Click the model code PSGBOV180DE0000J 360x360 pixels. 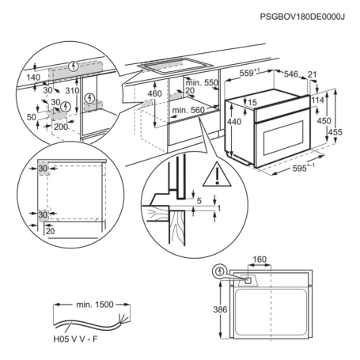302,17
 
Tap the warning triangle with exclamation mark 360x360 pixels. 217,175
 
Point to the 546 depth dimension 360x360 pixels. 290,74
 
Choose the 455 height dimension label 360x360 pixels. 335,132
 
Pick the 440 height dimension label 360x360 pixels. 234,122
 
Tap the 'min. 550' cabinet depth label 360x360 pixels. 202,82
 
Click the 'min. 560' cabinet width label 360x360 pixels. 188,110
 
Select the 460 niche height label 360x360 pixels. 155,93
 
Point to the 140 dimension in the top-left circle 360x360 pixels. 33,78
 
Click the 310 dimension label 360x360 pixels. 72,90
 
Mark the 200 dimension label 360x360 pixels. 61,127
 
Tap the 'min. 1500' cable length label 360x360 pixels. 95,305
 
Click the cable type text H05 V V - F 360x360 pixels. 75,339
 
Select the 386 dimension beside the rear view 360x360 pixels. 220,309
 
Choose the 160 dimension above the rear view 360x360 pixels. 260,260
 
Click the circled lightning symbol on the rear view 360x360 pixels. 219,271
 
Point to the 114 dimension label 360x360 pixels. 317,100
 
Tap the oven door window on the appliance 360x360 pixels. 284,138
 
